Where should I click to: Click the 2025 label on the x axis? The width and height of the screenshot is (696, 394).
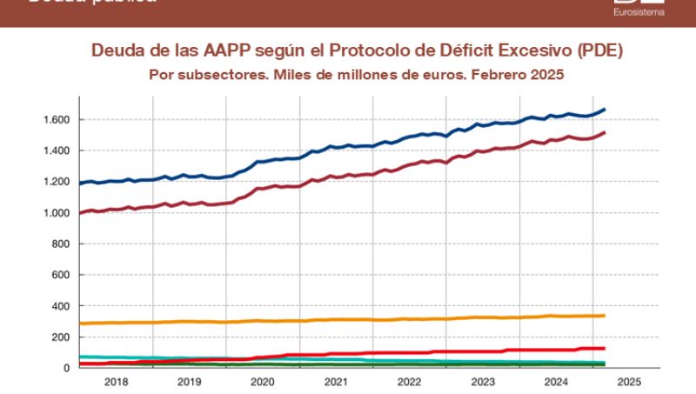point(627,382)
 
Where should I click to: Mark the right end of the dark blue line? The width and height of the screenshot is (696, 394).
point(605,110)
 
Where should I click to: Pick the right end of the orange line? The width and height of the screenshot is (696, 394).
point(605,316)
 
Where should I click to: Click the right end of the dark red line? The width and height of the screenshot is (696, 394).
point(605,133)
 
